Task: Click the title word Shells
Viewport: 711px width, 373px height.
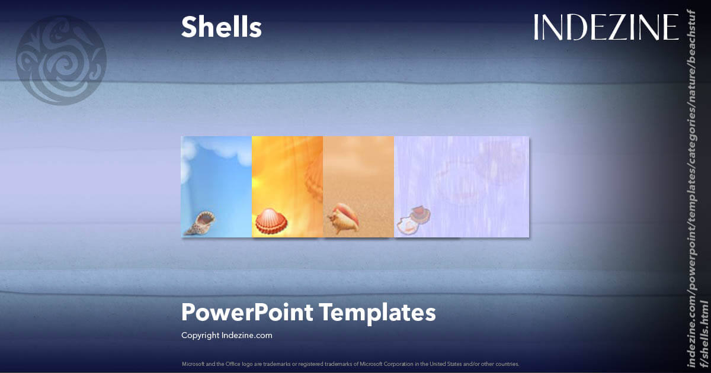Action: [221, 27]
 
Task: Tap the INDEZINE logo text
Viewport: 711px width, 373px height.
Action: [606, 28]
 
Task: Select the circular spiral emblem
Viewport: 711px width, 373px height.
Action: [61, 60]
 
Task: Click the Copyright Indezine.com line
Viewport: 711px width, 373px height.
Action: [226, 336]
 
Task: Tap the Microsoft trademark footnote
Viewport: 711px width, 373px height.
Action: [350, 364]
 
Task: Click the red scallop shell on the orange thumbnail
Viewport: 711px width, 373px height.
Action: [271, 221]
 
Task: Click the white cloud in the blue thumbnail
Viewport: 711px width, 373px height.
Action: [216, 151]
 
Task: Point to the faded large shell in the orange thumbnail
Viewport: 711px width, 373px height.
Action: [314, 175]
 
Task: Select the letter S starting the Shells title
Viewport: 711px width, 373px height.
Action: [189, 27]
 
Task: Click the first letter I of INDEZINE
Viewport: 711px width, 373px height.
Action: [537, 28]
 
